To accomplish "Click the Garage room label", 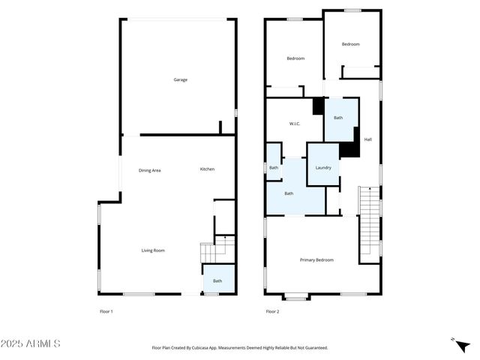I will tap(180, 79).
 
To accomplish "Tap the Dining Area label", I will tap(150, 170).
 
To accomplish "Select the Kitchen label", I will tap(207, 169).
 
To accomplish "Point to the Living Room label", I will tap(153, 250).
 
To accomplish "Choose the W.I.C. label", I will tap(295, 124).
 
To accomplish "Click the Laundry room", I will tap(323, 167).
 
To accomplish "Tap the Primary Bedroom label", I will tap(316, 260).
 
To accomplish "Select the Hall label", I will tap(368, 139).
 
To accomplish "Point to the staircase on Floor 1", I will tap(213, 252).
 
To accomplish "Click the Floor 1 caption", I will tap(106, 311).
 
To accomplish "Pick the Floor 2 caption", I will tap(272, 311).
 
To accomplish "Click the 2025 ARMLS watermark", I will tap(31, 343).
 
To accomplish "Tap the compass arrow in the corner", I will tap(454, 341).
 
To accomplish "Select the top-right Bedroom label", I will tap(350, 44).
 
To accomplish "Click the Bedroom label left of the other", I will tap(295, 58).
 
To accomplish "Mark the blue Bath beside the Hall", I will tap(338, 118).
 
